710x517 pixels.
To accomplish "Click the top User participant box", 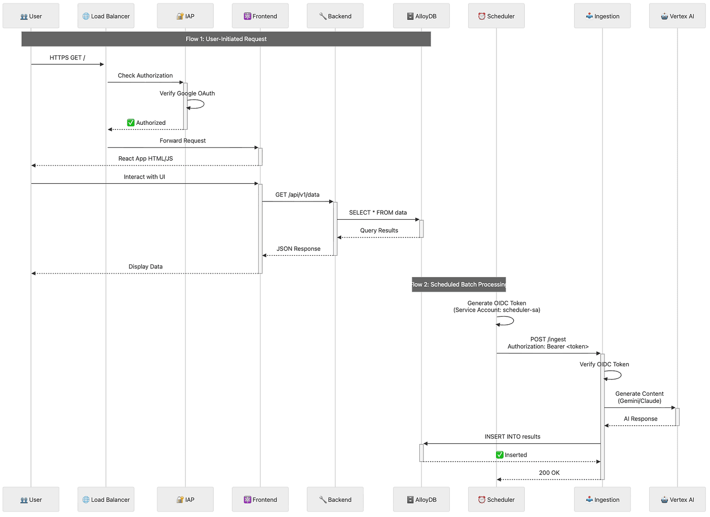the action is coord(31,16).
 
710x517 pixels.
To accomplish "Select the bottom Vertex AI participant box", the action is coord(678,500).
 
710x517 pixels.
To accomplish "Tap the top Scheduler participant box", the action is coord(496,16).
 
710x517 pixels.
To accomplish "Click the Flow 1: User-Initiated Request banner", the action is coord(226,39).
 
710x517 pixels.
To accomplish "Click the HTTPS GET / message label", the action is coord(67,58).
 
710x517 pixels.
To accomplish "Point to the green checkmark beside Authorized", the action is coord(131,123).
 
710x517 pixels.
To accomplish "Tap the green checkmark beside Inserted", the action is coord(500,455).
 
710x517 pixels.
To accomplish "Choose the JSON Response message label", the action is coord(299,249).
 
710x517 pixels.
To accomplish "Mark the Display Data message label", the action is coord(146,267).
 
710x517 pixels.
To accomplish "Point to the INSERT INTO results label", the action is coord(513,437).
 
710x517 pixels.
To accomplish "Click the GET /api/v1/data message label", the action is coord(298,195).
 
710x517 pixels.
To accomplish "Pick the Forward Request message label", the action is coord(183,141).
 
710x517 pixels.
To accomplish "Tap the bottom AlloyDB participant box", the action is coord(422,500).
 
